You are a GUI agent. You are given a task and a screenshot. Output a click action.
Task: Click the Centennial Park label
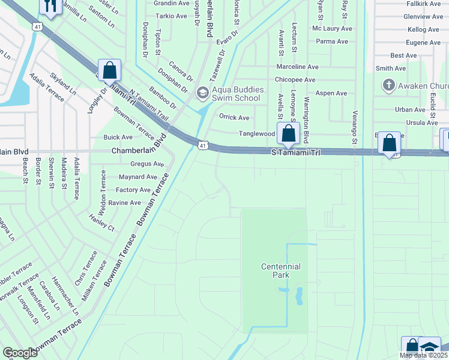(x=280, y=271)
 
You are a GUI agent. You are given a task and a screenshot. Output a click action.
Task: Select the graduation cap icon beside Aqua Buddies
(x=202, y=92)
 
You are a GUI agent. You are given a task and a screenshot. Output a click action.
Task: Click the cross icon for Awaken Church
(x=388, y=85)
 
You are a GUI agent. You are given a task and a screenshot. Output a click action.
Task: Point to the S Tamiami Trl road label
(x=295, y=153)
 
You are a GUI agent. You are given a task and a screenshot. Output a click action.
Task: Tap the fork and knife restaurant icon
(x=49, y=7)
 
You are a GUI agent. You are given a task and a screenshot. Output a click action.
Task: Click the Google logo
(x=20, y=352)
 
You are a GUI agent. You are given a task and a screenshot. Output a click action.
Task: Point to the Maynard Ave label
(x=138, y=177)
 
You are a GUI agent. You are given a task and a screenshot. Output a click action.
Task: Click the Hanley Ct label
(x=101, y=223)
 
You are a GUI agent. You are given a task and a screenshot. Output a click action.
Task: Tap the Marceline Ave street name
(x=297, y=67)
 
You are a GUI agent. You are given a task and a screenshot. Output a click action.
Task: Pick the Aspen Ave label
(x=331, y=93)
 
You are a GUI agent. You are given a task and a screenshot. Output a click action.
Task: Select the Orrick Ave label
(x=234, y=118)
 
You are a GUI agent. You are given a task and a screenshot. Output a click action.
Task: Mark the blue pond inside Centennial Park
(x=298, y=295)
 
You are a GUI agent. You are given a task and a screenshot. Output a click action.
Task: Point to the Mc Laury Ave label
(x=332, y=28)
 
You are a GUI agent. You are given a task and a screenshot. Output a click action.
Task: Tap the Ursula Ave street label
(x=423, y=122)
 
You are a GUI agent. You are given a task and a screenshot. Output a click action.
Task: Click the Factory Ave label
(x=133, y=190)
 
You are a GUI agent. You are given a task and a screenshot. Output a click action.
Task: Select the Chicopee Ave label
(x=295, y=80)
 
